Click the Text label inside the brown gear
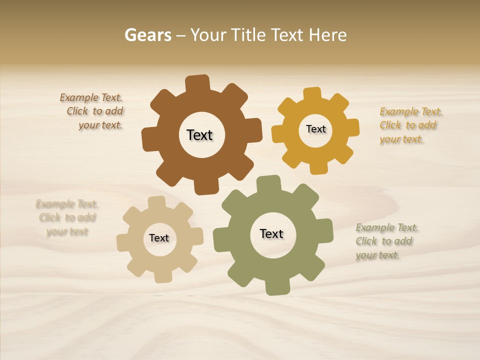click(x=199, y=135)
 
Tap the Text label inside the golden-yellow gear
click(x=315, y=129)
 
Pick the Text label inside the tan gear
click(x=159, y=238)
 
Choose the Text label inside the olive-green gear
click(x=271, y=233)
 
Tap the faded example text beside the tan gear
click(x=67, y=217)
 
